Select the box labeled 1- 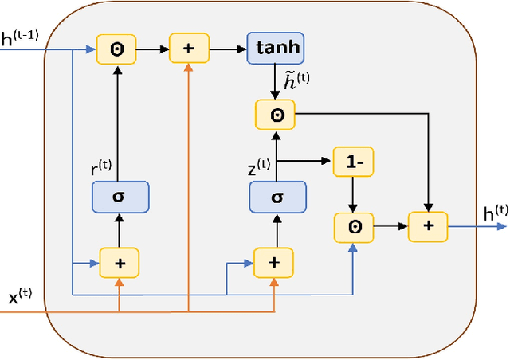point(353,162)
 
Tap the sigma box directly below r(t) point(119,196)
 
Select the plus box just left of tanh point(188,49)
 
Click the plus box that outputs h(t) point(428,226)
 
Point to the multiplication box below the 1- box point(353,226)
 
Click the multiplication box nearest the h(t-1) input point(116,49)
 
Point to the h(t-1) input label point(22,36)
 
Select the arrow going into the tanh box point(228,49)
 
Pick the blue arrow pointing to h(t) point(474,227)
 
